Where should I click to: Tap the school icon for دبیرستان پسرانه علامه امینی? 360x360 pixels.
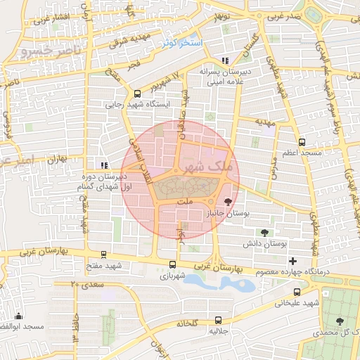coord(225,60)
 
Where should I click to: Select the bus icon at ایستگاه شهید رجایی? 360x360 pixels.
coord(137,93)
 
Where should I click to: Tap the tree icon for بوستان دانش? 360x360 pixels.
coord(265,233)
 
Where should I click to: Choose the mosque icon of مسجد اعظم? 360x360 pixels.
coord(302,141)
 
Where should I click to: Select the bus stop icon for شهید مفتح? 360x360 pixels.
coord(103,255)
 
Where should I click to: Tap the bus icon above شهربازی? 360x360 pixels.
coord(173,265)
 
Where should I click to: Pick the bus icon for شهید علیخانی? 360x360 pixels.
coord(297,292)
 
